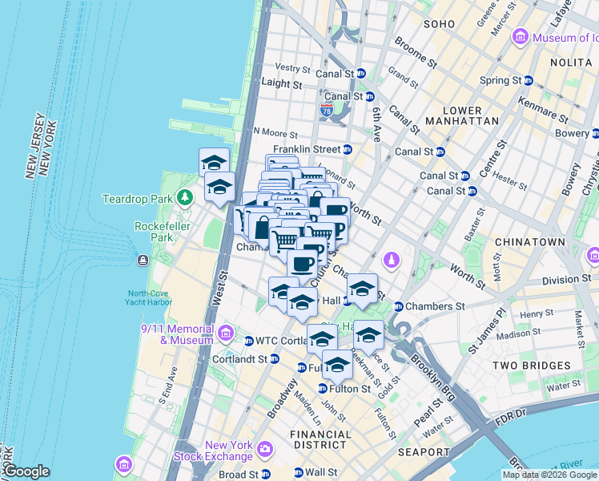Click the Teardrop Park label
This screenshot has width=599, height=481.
[138, 198]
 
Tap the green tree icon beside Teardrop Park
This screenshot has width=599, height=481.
[186, 197]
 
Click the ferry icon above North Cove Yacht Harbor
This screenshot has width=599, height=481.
[143, 260]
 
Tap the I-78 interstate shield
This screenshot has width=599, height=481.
[327, 109]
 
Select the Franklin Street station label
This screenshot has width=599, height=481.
[307, 149]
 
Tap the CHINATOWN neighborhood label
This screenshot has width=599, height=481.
[529, 241]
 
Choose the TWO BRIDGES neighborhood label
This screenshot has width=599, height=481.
[535, 365]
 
